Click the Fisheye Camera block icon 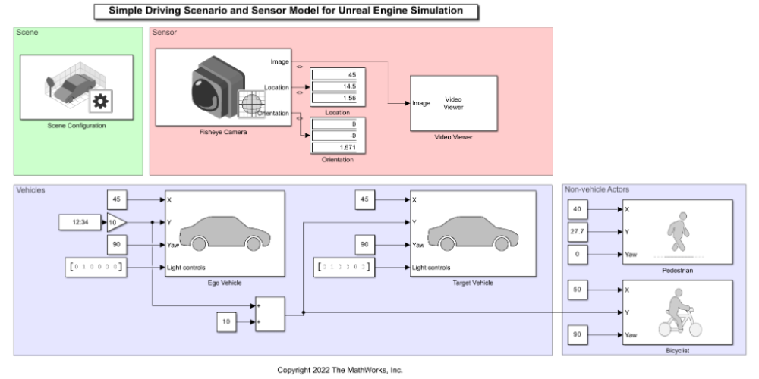pyautogui.click(x=220, y=88)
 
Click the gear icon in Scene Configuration pyautogui.click(x=100, y=101)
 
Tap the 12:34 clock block pyautogui.click(x=81, y=223)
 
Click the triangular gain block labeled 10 pyautogui.click(x=116, y=223)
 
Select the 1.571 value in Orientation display pyautogui.click(x=339, y=146)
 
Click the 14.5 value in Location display pyautogui.click(x=339, y=86)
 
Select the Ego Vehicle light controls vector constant pyautogui.click(x=94, y=267)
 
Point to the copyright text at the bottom pyautogui.click(x=339, y=370)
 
